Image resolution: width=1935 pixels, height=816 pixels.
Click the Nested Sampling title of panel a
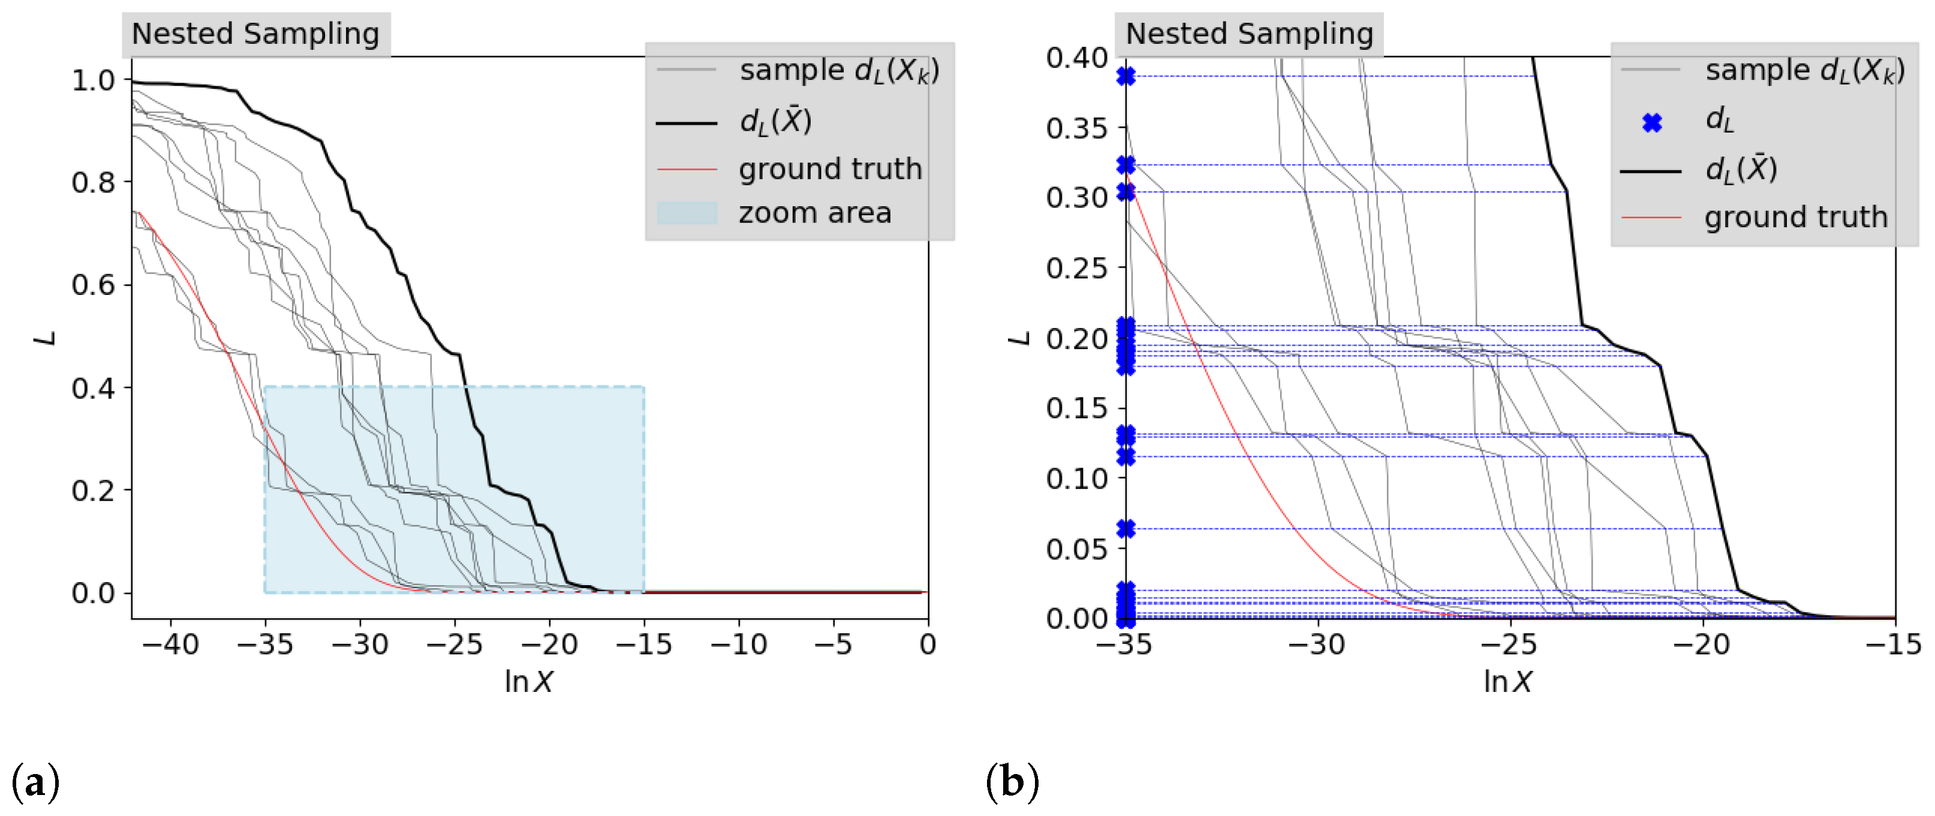(x=255, y=34)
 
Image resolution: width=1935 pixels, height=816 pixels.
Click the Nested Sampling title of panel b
(x=1248, y=34)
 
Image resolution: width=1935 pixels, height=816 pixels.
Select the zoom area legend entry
(x=814, y=213)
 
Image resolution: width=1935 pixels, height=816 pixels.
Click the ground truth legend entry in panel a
(x=829, y=169)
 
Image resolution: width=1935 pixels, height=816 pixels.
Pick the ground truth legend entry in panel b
(x=1795, y=217)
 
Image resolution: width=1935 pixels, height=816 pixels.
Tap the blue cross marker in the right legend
(x=1652, y=122)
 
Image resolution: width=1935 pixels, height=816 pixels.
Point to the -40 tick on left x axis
(x=171, y=645)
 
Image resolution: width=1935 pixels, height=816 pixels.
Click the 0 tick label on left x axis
(x=928, y=645)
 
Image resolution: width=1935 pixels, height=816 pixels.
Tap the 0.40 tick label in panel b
(x=1076, y=58)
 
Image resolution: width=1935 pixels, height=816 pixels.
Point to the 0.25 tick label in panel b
(x=1076, y=268)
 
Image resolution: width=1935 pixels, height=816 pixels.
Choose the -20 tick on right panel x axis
(x=1702, y=645)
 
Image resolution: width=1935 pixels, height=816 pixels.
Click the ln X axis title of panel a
(x=529, y=682)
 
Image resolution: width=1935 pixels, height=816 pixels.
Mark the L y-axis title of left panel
(x=47, y=338)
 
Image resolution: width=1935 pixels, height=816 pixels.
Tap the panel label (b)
(x=1013, y=782)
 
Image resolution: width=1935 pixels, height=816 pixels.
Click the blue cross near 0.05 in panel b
(x=1126, y=529)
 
